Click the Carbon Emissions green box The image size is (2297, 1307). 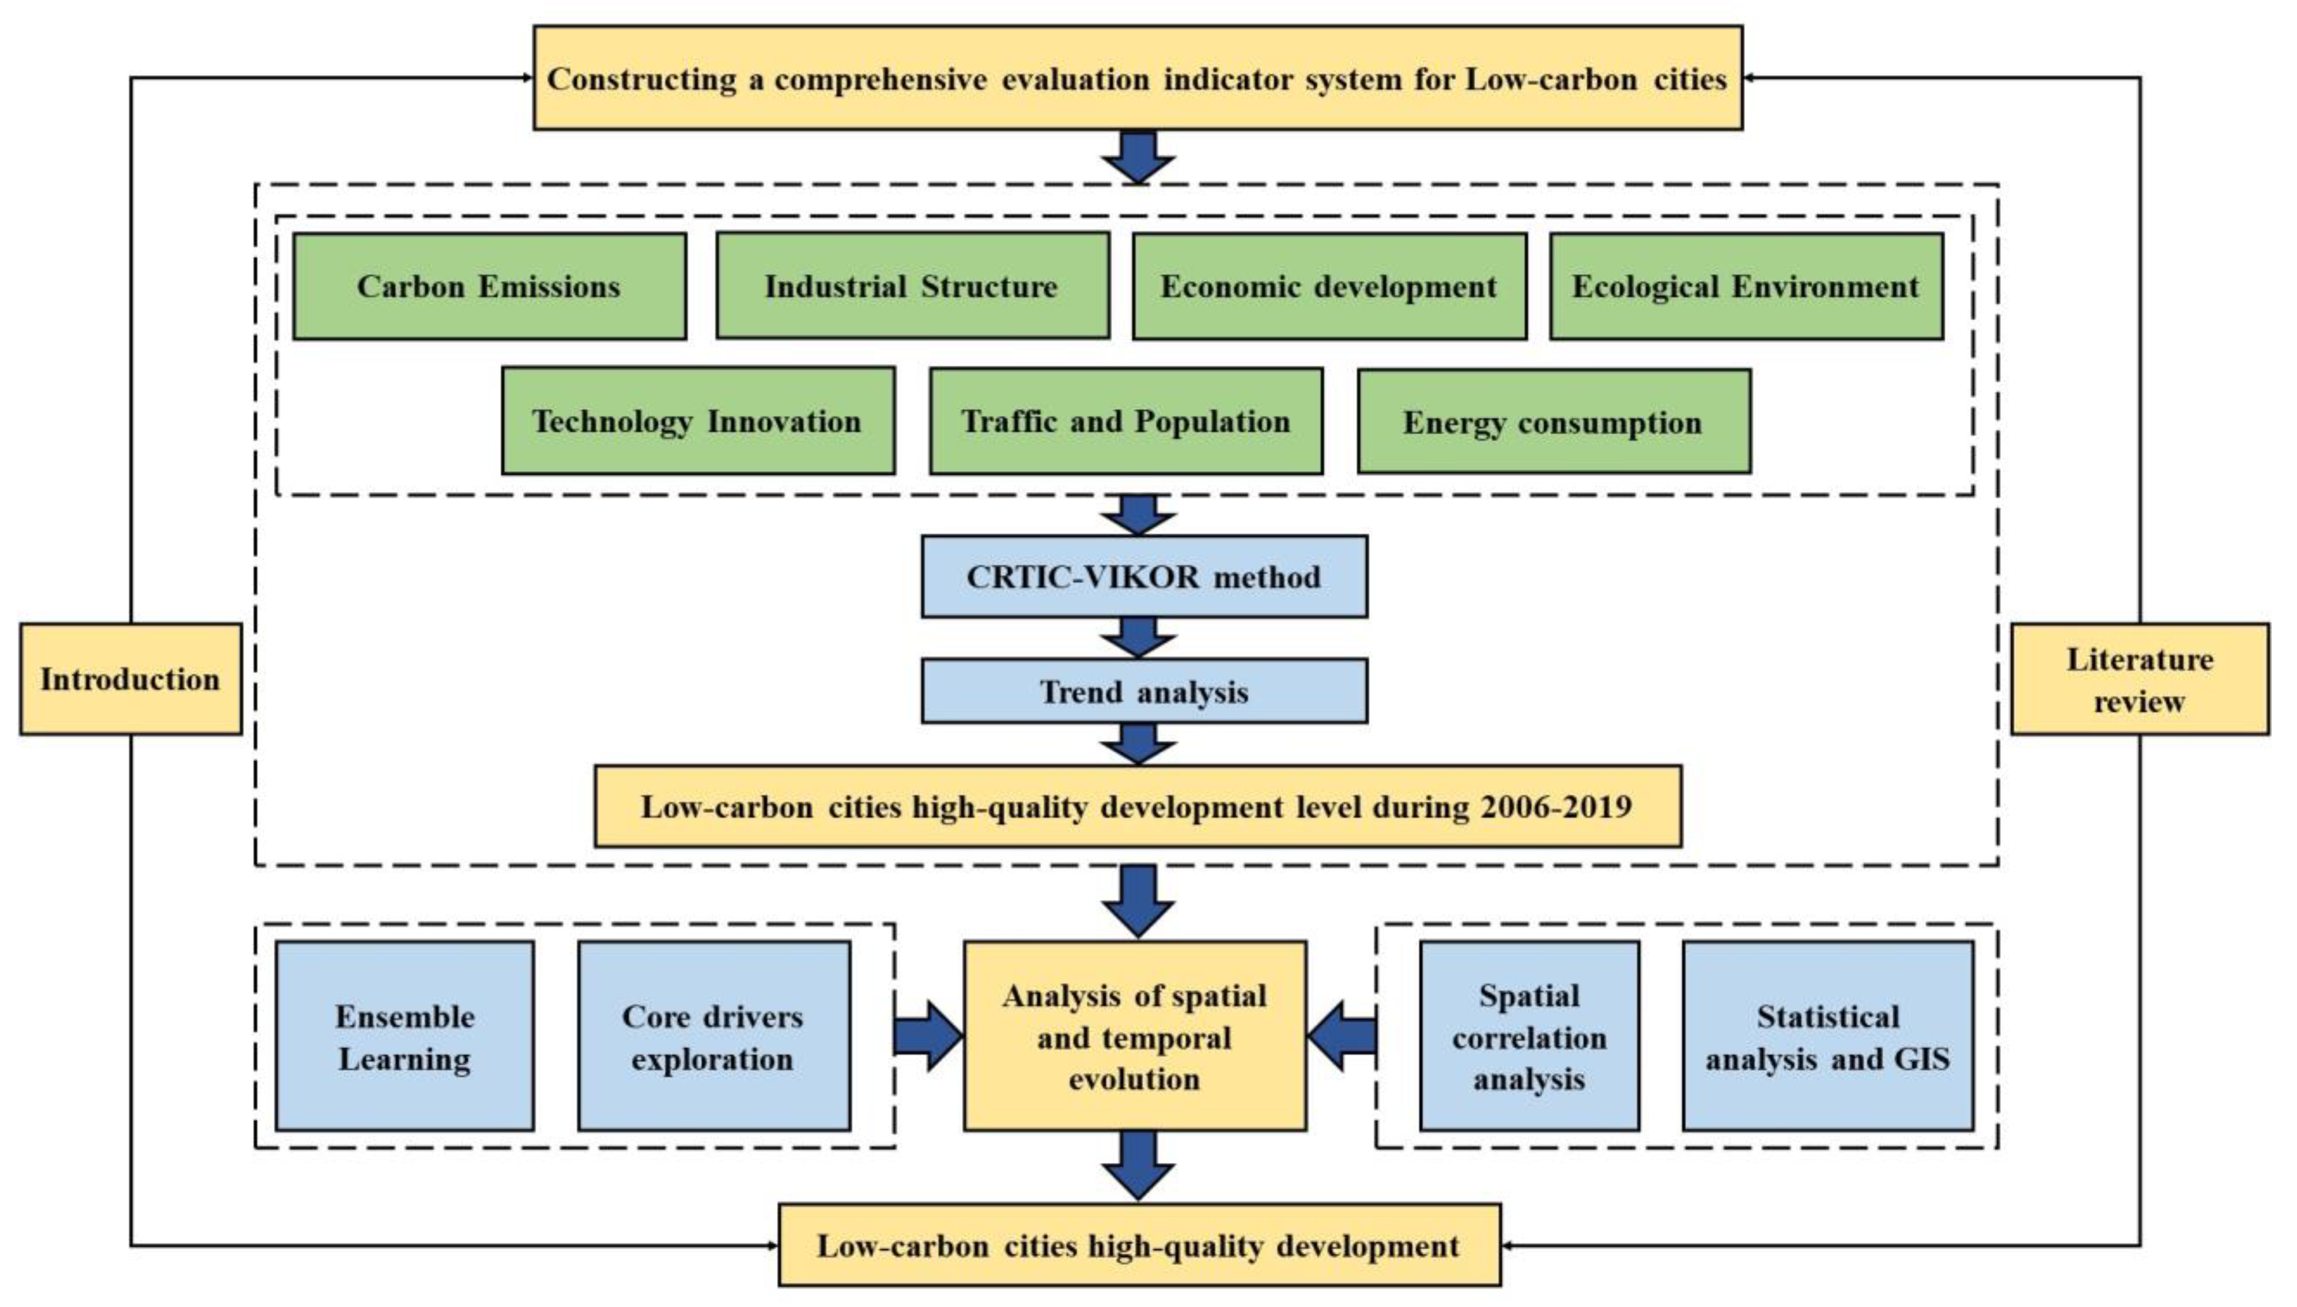click(489, 286)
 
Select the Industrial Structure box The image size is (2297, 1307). click(912, 286)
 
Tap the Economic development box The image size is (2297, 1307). click(1329, 286)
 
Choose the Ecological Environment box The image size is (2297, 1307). click(1746, 286)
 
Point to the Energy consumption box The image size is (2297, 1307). click(1554, 421)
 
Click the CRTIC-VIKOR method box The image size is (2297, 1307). click(1144, 576)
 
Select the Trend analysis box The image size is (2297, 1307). click(1144, 691)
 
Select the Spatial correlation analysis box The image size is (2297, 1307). click(1529, 1036)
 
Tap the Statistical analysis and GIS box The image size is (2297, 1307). click(1827, 1036)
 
